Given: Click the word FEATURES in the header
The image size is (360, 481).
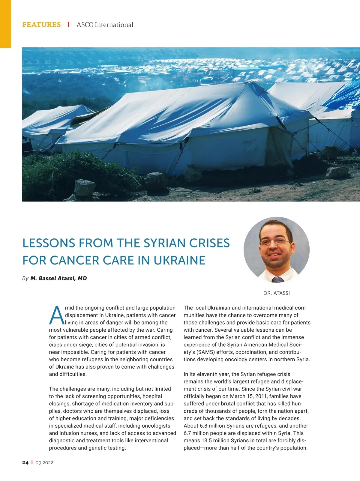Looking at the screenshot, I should tap(41, 25).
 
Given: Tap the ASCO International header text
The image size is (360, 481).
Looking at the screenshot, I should tap(105, 25).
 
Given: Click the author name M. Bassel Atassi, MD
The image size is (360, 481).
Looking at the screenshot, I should tap(58, 278).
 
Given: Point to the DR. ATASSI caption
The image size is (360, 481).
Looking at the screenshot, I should tap(277, 293).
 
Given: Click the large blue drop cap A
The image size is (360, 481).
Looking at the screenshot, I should tap(56, 315).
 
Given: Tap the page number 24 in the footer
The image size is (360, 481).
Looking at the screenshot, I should tap(25, 463).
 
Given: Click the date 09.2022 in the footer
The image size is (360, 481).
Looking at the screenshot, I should tap(44, 463).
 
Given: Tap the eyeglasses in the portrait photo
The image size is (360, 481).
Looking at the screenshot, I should tap(274, 242).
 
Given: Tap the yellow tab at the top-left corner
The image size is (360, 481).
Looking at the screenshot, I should tap(5, 24).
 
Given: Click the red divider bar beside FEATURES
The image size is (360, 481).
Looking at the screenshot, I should tap(69, 25).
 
